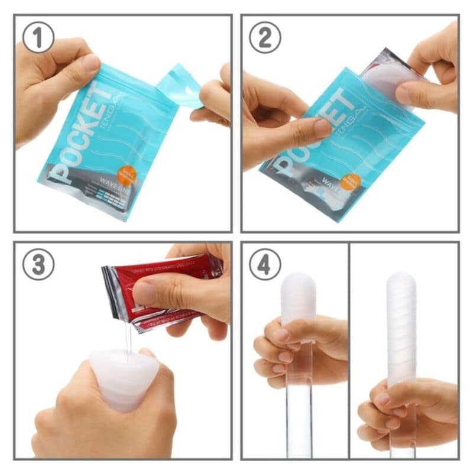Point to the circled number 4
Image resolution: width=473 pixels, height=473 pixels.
point(264,264)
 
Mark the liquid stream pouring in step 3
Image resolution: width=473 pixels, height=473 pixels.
point(128,340)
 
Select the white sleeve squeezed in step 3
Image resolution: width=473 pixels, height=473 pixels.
point(124,378)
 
